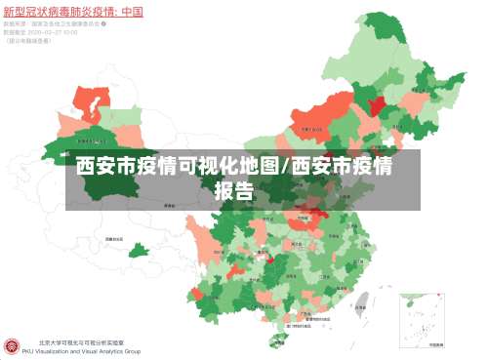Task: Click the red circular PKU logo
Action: [13, 346]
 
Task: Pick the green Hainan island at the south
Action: [281, 340]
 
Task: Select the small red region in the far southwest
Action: [197, 295]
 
